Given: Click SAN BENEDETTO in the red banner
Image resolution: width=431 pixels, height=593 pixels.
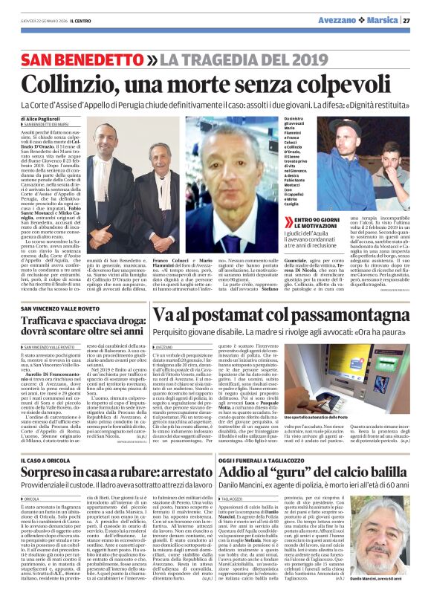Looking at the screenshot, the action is [x=80, y=59].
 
